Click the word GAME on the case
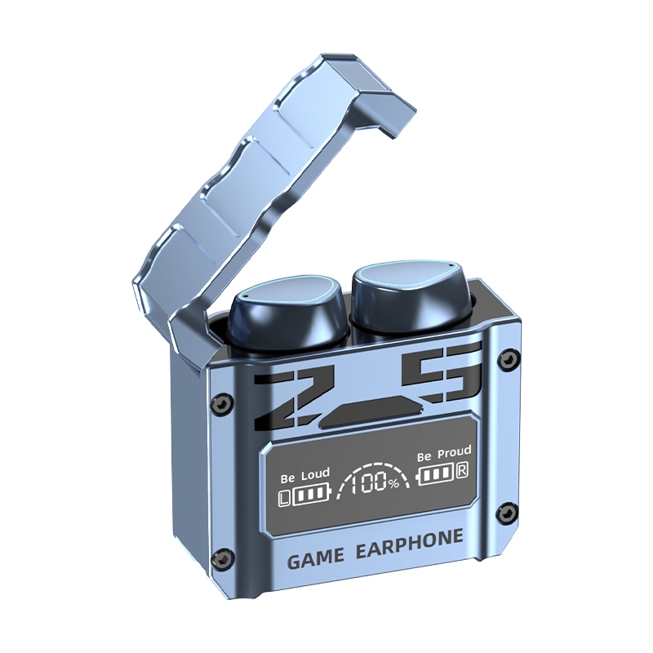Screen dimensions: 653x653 pyautogui.click(x=316, y=559)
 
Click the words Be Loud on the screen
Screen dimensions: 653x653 pyautogui.click(x=305, y=476)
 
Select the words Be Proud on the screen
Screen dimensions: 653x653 pyautogui.click(x=444, y=454)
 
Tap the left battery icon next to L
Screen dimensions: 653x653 pyautogui.click(x=311, y=494)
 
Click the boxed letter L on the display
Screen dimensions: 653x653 pyautogui.click(x=284, y=498)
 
